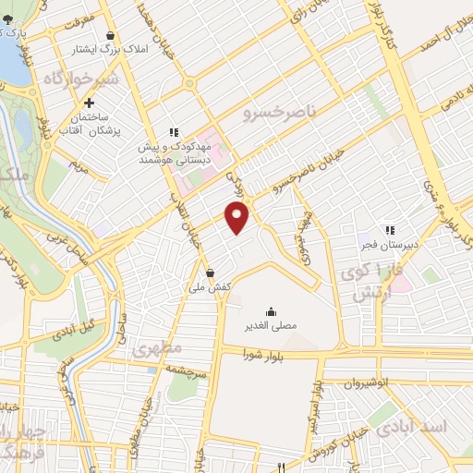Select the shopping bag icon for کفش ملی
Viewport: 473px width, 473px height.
[x=211, y=273]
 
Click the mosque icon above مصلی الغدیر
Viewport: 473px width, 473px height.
[x=270, y=310]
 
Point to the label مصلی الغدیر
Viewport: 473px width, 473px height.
[x=270, y=325]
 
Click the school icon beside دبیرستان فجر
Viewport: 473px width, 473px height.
[x=389, y=229]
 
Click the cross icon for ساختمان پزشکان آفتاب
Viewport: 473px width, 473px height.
[x=90, y=103]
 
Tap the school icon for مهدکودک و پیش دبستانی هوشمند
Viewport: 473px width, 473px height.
[x=171, y=132]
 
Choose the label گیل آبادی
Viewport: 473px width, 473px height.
[x=76, y=330]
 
